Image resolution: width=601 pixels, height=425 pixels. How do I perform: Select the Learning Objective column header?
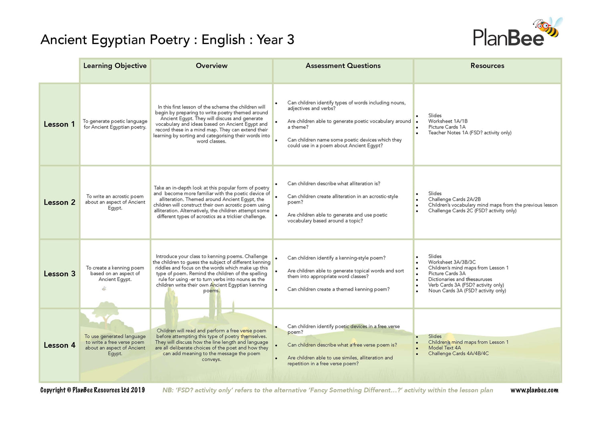coord(115,66)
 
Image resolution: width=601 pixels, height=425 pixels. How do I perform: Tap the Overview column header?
coord(212,66)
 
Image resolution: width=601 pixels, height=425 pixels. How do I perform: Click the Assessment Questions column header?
coord(343,66)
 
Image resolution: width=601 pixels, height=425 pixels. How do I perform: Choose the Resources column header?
coord(487,66)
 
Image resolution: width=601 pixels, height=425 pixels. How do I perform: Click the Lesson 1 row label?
coord(59,124)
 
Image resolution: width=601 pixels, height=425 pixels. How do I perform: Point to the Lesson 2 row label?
coord(59,202)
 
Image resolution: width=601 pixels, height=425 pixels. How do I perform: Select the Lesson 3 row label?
coord(59,274)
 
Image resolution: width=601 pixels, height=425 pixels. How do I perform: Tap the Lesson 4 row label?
coord(59,345)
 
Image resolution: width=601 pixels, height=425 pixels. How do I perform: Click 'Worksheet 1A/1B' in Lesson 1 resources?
coord(448,121)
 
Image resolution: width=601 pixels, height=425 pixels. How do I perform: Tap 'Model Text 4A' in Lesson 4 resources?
coord(444,348)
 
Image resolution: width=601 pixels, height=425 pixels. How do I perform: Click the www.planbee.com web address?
coord(534,390)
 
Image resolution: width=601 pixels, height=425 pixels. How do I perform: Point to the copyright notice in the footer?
coord(93,390)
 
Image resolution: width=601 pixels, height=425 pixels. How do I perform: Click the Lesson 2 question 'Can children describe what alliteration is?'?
coord(334,183)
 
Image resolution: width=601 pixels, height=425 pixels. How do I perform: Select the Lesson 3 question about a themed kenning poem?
coord(338,289)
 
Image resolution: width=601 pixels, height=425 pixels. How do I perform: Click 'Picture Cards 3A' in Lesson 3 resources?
coord(447,274)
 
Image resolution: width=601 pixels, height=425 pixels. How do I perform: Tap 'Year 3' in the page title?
coord(275,40)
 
